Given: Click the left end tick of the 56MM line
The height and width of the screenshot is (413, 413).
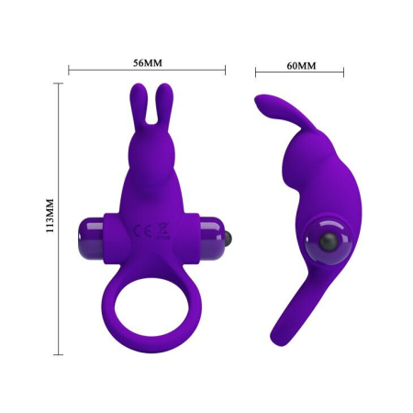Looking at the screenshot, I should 70,68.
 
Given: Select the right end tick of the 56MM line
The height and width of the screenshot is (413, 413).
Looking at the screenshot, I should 225,68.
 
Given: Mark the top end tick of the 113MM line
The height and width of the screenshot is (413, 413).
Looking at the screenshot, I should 61,84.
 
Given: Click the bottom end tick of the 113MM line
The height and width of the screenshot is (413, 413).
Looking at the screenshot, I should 61,352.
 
